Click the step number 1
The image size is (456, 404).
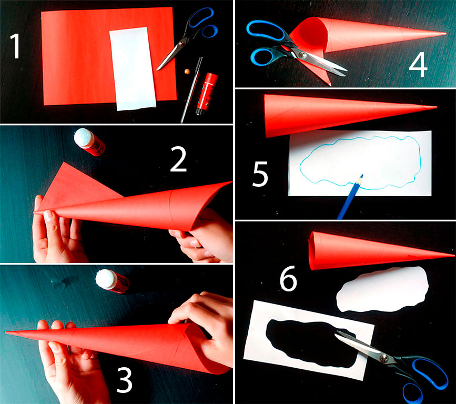coord(16,46)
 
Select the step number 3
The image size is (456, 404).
coord(125,380)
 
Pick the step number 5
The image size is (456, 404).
coord(260,174)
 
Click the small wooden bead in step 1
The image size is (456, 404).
coord(187,71)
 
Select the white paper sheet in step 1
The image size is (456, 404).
coord(133,68)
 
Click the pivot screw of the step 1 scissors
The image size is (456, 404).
coord(182,44)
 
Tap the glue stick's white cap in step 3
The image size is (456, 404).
coord(106,279)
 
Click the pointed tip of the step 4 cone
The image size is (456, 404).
coord(445,34)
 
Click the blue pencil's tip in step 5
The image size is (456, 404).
coord(362,176)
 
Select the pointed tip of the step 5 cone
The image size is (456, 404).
coord(435,107)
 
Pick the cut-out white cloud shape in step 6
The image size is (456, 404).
coord(383,289)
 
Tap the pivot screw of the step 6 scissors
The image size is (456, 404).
coord(384,358)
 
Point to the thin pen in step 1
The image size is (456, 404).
coord(191,90)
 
